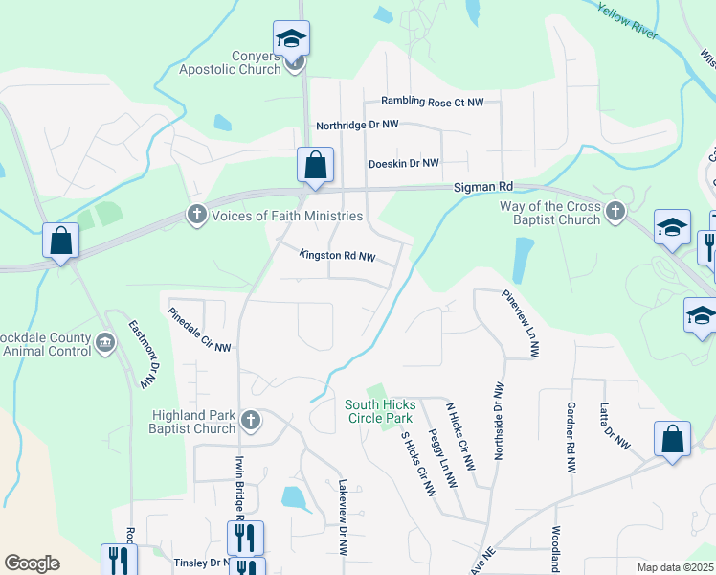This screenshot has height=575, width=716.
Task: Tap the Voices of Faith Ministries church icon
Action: (x=197, y=215)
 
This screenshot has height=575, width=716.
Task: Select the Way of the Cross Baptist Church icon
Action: (x=615, y=209)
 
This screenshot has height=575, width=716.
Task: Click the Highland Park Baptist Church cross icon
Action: (x=251, y=420)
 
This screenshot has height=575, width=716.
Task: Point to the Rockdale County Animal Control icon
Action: (x=105, y=340)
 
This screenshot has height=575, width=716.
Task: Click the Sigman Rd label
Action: (x=483, y=186)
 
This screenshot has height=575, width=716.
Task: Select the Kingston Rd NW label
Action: (x=337, y=256)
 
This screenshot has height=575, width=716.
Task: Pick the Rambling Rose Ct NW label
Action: (x=433, y=101)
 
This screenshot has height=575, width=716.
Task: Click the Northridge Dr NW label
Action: (x=357, y=126)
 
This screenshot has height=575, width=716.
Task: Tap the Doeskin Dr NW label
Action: (x=403, y=164)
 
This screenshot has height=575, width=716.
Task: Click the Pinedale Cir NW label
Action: (x=199, y=329)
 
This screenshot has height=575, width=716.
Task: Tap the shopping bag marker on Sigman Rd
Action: (x=314, y=166)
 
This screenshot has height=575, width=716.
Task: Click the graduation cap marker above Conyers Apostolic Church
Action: (x=291, y=39)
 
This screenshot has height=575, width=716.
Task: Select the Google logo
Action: (x=32, y=563)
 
